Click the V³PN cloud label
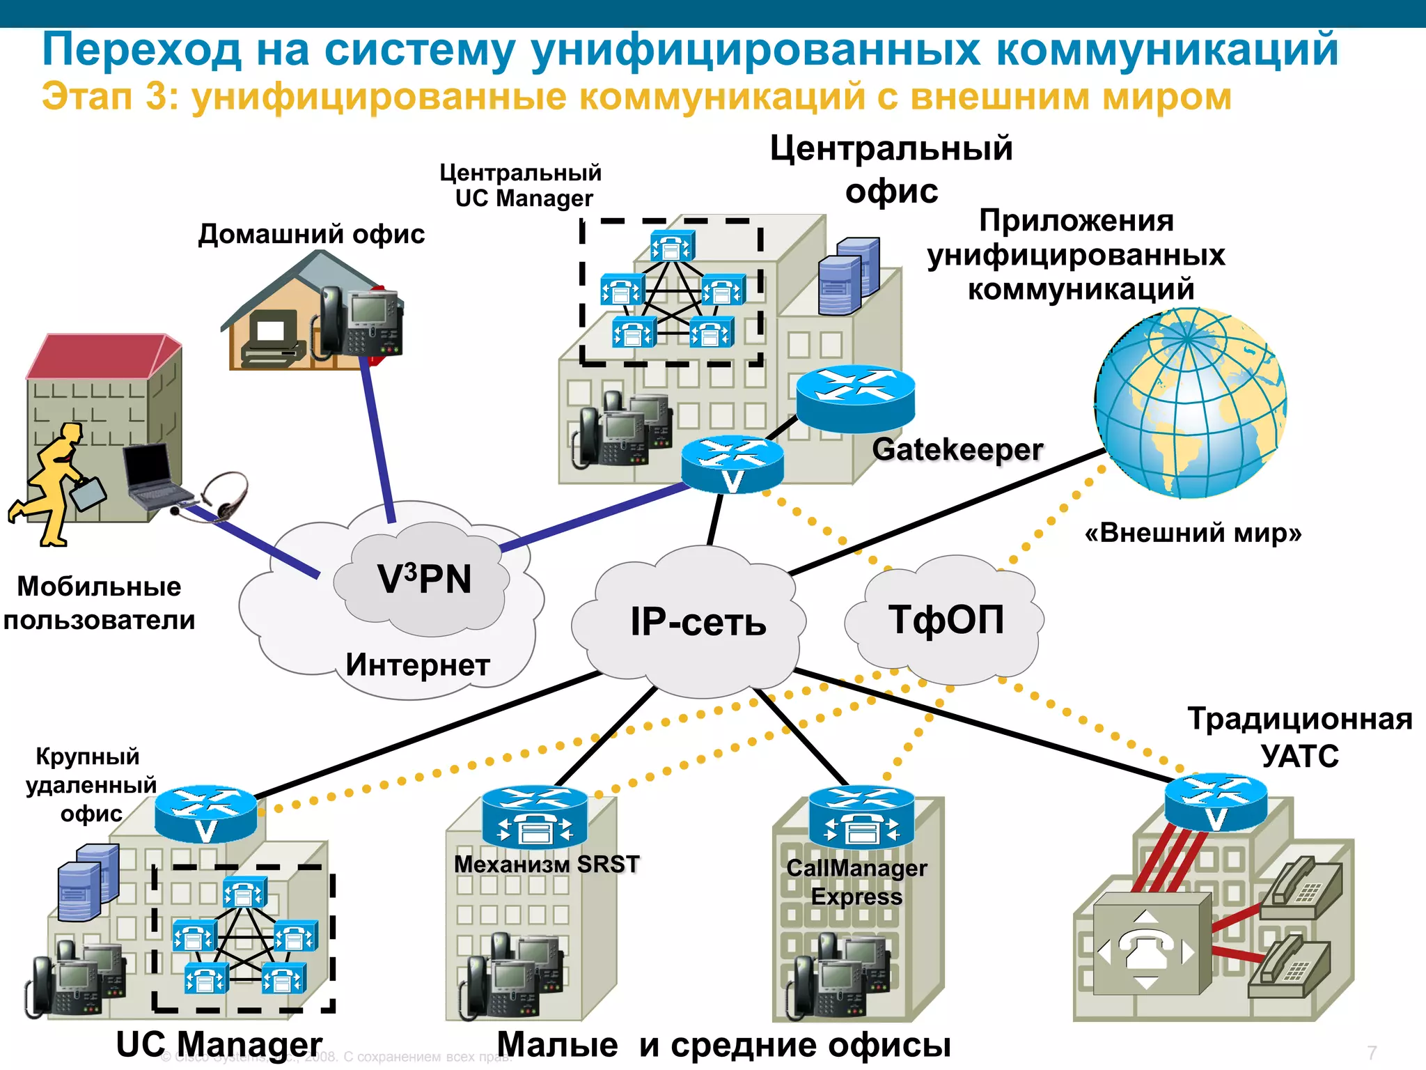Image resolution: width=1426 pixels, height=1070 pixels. point(424,580)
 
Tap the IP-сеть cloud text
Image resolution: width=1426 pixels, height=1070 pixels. point(698,622)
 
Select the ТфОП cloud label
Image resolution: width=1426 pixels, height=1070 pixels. point(946,619)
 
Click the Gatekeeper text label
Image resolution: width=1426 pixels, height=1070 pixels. point(957,450)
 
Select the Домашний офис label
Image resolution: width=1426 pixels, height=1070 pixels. point(311,234)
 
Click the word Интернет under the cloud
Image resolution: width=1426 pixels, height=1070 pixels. point(418,665)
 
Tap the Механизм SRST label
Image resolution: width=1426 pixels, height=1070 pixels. point(547,864)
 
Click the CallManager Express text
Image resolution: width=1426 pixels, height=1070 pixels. point(856,882)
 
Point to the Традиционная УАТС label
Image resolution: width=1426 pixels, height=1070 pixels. point(1299,737)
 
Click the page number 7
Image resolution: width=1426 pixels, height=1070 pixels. point(1372,1053)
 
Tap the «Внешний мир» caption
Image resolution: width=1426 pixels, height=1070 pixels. point(1193,533)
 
